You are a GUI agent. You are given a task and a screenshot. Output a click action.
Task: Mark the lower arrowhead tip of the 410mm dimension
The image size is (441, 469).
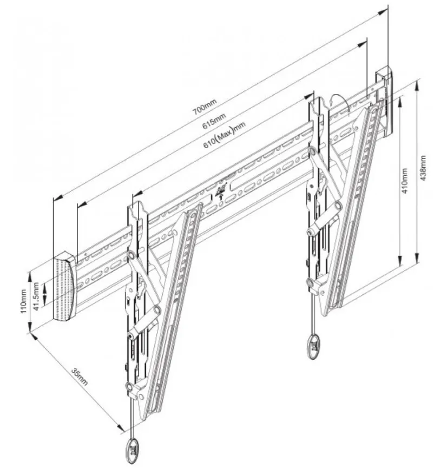pyautogui.click(x=400, y=265)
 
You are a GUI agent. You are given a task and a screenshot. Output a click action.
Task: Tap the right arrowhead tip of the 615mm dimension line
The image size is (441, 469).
pyautogui.click(x=367, y=42)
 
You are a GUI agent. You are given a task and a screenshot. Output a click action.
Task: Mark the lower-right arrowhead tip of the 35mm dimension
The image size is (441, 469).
pyautogui.click(x=124, y=431)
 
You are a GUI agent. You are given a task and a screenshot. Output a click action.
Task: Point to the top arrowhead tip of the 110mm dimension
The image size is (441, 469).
pyautogui.click(x=30, y=273)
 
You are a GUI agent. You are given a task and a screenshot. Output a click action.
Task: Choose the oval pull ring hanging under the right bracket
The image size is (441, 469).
pyautogui.click(x=313, y=347)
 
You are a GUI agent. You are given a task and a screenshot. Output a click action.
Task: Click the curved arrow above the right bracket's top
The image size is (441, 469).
pyautogui.click(x=340, y=103)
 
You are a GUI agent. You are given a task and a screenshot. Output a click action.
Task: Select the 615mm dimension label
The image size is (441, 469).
pyautogui.click(x=214, y=121)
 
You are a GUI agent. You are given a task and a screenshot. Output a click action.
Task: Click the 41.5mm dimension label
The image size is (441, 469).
pyautogui.click(x=36, y=296)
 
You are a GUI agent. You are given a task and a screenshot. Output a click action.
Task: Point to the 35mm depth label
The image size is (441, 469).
pyautogui.click(x=80, y=376)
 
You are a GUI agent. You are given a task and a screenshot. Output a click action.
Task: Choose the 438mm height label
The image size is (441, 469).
pyautogui.click(x=423, y=168)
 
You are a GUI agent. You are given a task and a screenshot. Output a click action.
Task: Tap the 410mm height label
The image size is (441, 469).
pyautogui.click(x=404, y=181)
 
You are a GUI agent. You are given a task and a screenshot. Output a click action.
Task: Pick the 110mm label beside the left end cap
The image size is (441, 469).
pyautogui.click(x=23, y=301)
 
